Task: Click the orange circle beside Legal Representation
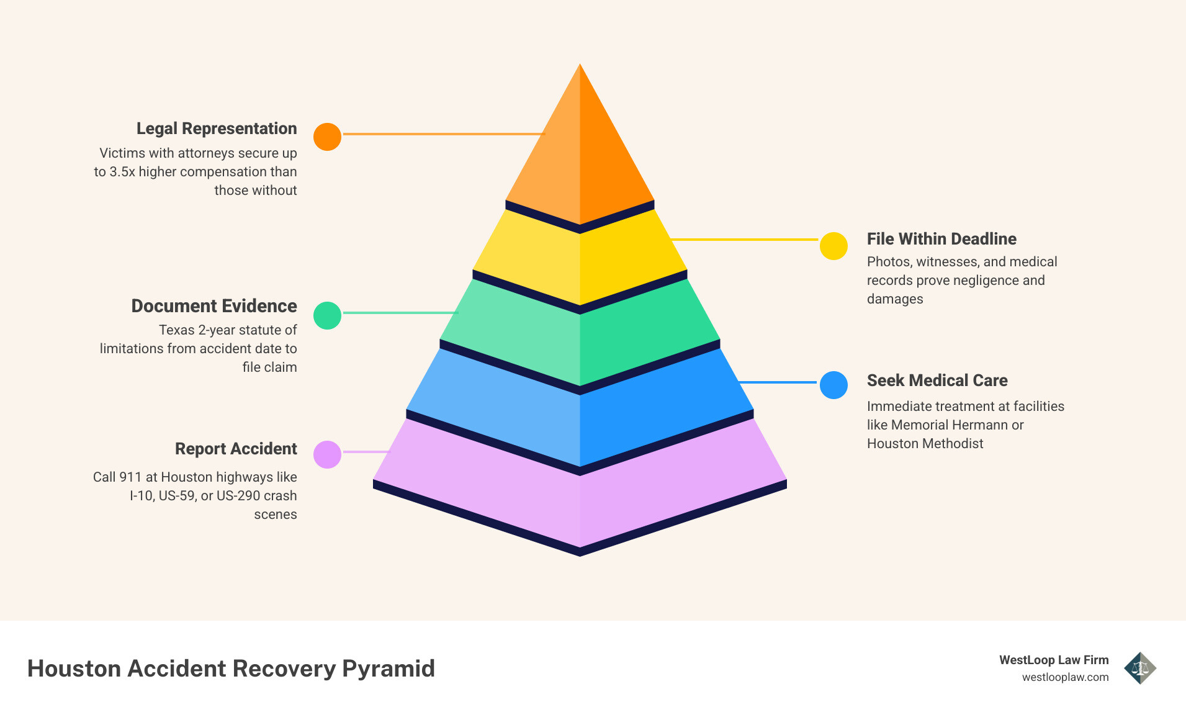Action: [x=327, y=137]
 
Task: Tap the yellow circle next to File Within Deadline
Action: [x=833, y=246]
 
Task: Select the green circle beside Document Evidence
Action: [x=327, y=315]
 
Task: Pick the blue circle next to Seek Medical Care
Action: [x=833, y=385]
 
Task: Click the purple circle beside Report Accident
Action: [x=327, y=454]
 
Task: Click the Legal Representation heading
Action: [x=217, y=128]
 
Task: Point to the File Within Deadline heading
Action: [x=941, y=239]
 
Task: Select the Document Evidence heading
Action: [x=214, y=306]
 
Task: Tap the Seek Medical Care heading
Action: [x=937, y=380]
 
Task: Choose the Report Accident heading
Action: [x=236, y=449]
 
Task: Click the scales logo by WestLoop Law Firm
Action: [x=1139, y=668]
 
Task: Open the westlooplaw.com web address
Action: [x=1065, y=677]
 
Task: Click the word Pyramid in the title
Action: [x=389, y=668]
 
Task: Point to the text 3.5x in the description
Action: [x=122, y=172]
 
